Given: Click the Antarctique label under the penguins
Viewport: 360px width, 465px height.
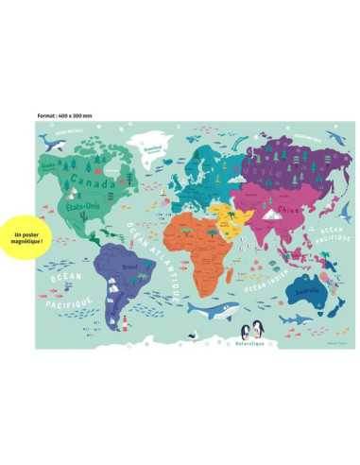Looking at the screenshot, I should pyautogui.click(x=253, y=338).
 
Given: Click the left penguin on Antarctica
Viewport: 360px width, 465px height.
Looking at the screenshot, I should pyautogui.click(x=246, y=330).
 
